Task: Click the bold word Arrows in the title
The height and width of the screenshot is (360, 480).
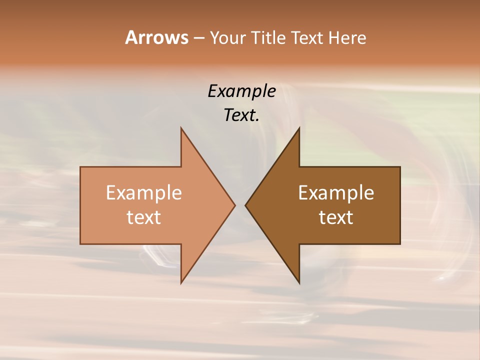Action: pyautogui.click(x=156, y=37)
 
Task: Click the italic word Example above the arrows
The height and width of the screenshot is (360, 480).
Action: pyautogui.click(x=242, y=91)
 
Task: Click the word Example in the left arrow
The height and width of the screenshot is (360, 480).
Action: pyautogui.click(x=144, y=193)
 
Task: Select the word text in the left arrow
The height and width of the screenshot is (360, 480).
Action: pyautogui.click(x=144, y=217)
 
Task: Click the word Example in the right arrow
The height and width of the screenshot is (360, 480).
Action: pyautogui.click(x=336, y=193)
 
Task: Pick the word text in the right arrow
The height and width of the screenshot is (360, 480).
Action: pyautogui.click(x=336, y=217)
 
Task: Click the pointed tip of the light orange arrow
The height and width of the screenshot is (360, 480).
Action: pyautogui.click(x=235, y=205)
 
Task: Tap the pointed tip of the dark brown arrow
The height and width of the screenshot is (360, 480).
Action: pyautogui.click(x=245, y=205)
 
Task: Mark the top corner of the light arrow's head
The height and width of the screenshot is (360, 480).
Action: pyautogui.click(x=181, y=127)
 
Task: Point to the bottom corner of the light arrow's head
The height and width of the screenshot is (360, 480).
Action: pyautogui.click(x=181, y=283)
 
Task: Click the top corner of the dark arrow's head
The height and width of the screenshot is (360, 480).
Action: pyautogui.click(x=299, y=127)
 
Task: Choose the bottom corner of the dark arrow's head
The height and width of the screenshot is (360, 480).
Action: pyautogui.click(x=299, y=283)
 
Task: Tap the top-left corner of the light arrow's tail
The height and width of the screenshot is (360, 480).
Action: pyautogui.click(x=80, y=167)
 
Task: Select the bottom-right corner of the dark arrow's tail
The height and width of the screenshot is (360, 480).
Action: pyautogui.click(x=400, y=244)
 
